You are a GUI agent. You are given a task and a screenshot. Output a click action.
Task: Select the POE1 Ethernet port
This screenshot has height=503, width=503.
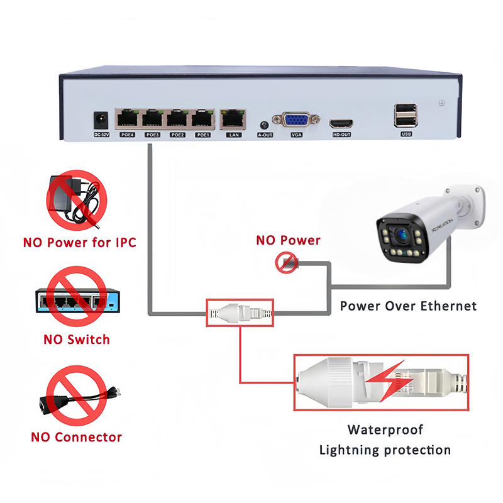coord(202,118)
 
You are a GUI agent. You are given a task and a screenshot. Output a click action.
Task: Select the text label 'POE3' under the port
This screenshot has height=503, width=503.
coord(152,135)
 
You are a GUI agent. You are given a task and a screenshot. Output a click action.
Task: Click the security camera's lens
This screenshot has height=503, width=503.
coord(401,235)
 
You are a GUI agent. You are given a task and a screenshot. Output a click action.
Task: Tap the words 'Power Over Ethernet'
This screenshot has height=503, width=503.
coord(408,306)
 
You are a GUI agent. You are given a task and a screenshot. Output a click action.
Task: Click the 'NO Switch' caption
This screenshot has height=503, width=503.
coord(77,340)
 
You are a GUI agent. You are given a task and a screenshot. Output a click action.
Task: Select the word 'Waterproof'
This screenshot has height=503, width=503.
coord(385,430)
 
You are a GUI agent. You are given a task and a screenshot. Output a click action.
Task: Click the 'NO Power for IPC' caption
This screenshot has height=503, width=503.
coord(79,241)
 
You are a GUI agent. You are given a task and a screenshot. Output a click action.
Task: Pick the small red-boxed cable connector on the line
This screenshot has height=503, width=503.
coord(241,312)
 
